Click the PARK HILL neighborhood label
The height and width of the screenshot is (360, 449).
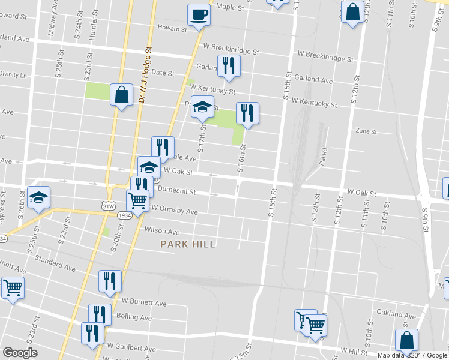tap(187, 244)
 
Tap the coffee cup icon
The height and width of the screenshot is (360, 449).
tap(199, 15)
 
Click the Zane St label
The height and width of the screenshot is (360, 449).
tap(366, 131)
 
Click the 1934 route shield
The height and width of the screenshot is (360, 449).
tap(125, 215)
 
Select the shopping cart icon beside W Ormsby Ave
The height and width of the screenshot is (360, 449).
tap(137, 200)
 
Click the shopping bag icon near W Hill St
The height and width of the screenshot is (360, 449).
tap(406, 340)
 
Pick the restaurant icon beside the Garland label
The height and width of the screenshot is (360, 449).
tap(228, 65)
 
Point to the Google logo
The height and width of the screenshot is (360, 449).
tap(20, 353)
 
